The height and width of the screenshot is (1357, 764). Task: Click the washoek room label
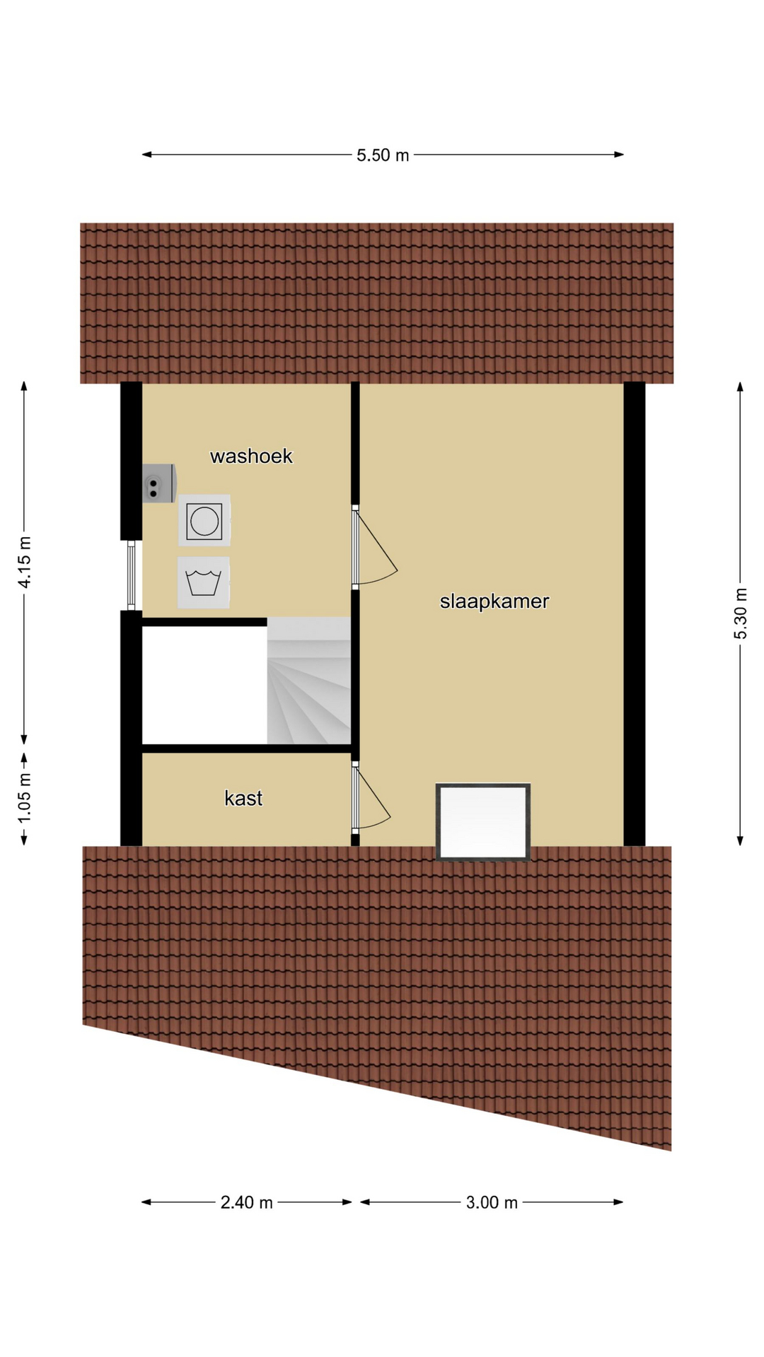(x=251, y=456)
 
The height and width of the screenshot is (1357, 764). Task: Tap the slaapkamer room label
(x=494, y=601)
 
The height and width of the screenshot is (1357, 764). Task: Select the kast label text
(x=243, y=798)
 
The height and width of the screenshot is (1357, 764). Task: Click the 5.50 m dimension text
(x=383, y=155)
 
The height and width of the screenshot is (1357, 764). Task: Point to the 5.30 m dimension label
(x=740, y=613)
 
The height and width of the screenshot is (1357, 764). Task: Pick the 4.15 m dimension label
(x=25, y=562)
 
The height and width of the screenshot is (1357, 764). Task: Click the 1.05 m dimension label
(x=25, y=797)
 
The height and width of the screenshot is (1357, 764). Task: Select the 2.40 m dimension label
(x=246, y=1202)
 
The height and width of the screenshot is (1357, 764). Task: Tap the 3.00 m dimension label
(x=492, y=1202)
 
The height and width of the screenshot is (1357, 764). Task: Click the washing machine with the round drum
(x=204, y=520)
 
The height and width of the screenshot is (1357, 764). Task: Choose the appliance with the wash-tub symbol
(x=204, y=582)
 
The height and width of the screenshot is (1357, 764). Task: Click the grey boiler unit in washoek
(x=159, y=483)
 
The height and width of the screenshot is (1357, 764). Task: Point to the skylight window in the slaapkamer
(x=483, y=821)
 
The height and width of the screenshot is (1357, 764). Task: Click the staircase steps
(x=309, y=681)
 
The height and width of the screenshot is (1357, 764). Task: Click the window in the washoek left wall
(x=131, y=575)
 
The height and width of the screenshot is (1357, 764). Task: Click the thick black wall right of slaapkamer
(x=635, y=613)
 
